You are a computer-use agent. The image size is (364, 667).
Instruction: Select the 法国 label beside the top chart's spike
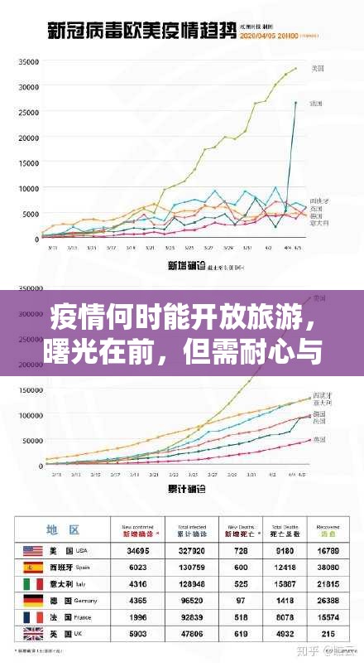click(x=315, y=103)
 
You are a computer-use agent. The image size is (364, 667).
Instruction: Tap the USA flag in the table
click(x=33, y=550)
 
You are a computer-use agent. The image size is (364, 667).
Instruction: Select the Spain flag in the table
click(x=33, y=568)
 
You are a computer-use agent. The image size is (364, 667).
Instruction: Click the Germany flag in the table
click(x=33, y=601)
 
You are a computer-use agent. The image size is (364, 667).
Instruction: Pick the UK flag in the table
click(x=33, y=634)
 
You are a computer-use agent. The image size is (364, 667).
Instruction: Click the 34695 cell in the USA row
click(x=137, y=550)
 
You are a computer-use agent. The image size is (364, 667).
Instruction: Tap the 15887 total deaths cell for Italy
click(x=284, y=584)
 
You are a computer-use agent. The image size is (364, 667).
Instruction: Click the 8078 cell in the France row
click(x=284, y=617)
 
